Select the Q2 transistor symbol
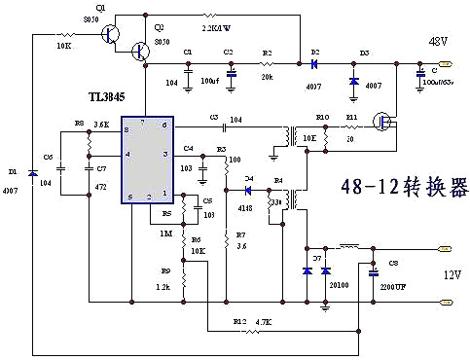(x=142, y=50)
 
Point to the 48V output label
(x=437, y=41)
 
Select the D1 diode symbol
(x=33, y=174)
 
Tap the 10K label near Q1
(x=65, y=46)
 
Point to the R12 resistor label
(x=239, y=320)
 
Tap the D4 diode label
(x=248, y=177)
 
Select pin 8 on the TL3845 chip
(x=126, y=128)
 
